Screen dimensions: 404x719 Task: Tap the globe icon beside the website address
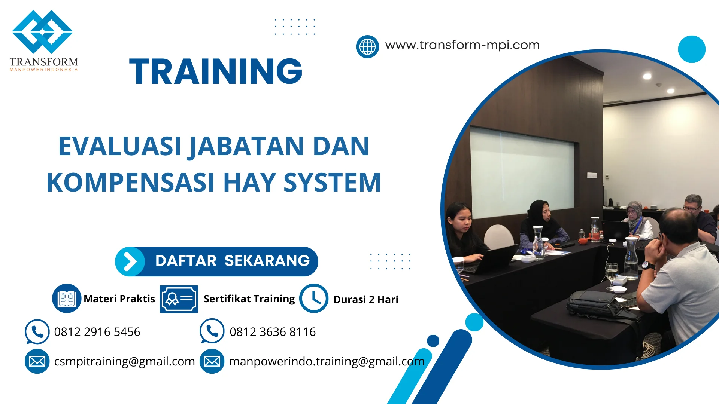click(x=367, y=47)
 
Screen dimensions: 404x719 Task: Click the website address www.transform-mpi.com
click(x=462, y=45)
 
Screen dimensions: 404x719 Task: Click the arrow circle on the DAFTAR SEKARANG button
click(x=130, y=261)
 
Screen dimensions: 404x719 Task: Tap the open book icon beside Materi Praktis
click(x=67, y=299)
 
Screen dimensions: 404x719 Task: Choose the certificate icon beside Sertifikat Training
click(x=179, y=299)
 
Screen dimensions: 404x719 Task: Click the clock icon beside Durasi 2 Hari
click(x=314, y=299)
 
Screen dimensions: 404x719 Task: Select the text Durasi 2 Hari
click(x=366, y=300)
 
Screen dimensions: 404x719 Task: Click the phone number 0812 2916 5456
click(x=97, y=332)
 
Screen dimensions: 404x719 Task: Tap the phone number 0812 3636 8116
click(x=273, y=332)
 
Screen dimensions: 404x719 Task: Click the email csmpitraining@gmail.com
click(x=124, y=361)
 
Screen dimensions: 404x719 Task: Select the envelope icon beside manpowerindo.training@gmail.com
click(x=212, y=361)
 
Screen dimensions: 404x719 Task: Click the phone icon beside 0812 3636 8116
click(x=212, y=331)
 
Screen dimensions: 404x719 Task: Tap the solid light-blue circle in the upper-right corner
click(x=692, y=49)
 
